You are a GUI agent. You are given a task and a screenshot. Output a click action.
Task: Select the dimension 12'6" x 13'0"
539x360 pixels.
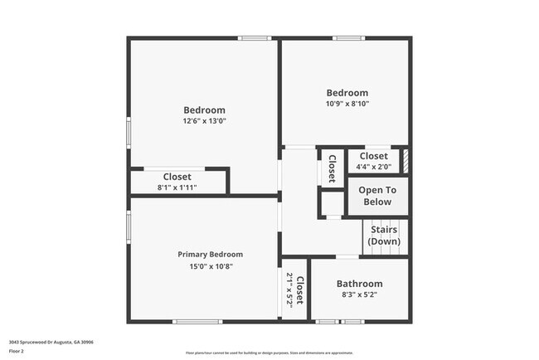tap(204, 121)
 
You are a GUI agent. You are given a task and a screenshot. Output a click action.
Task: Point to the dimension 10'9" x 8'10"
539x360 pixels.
tap(347, 104)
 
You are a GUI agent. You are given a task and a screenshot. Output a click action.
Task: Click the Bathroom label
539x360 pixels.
tap(359, 284)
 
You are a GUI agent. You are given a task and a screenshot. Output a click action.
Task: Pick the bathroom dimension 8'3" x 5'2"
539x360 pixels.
tap(359, 295)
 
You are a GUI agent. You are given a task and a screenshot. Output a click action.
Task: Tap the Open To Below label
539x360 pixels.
tap(376, 196)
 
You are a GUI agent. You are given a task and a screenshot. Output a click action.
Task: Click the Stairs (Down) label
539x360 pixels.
tap(384, 235)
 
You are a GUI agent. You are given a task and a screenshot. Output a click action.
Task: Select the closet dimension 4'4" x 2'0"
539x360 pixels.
tap(373, 167)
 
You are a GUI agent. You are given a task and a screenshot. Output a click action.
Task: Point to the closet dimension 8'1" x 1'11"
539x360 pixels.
tap(177, 187)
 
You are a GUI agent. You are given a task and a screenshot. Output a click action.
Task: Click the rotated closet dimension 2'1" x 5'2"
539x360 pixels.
tap(290, 290)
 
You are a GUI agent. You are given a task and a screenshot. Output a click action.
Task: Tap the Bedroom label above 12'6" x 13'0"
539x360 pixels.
tap(204, 109)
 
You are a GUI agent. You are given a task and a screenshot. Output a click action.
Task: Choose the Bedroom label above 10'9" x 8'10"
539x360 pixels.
tap(347, 93)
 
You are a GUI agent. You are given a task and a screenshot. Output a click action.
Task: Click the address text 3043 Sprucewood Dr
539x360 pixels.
tap(51, 342)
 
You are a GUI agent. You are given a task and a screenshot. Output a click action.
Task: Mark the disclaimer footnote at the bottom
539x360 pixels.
tap(269, 353)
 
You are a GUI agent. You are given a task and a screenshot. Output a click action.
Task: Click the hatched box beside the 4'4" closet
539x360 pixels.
tap(405, 160)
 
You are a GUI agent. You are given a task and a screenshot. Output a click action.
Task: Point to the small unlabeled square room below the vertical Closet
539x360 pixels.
tap(332, 202)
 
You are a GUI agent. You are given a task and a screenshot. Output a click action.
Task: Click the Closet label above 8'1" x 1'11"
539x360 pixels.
tap(177, 177)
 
